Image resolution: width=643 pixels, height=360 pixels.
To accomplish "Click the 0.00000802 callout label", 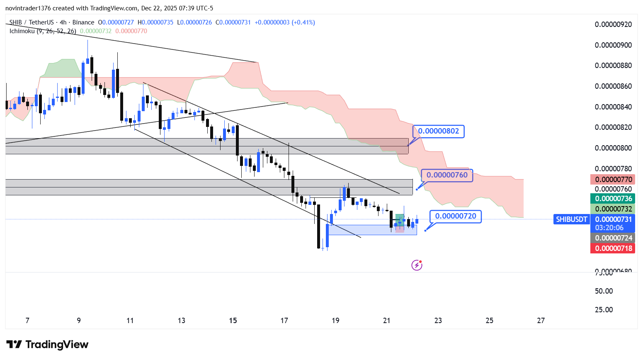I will click(x=439, y=131).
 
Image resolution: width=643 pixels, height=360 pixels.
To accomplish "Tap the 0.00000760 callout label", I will click(x=447, y=175).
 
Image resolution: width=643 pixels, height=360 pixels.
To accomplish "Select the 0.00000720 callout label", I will click(x=456, y=216).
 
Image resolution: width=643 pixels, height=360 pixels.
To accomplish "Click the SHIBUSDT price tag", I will click(x=571, y=219).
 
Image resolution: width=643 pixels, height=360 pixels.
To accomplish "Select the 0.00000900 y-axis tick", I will click(x=613, y=45).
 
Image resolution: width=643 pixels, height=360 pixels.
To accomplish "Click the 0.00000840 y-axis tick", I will click(x=613, y=107).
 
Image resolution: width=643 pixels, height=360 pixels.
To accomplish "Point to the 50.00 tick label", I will click(x=604, y=291).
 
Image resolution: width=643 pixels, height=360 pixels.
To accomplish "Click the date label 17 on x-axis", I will click(x=284, y=321).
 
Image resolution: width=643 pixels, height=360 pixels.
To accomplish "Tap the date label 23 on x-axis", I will click(x=438, y=321).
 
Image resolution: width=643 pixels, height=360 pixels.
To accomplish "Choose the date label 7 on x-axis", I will click(x=27, y=321).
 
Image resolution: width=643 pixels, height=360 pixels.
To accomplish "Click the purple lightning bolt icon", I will click(x=417, y=265).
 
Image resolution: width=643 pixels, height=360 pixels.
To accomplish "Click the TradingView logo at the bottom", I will click(x=47, y=345).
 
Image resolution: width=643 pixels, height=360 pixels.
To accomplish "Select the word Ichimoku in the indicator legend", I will click(x=22, y=31).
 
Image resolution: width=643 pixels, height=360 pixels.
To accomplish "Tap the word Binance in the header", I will click(x=83, y=22).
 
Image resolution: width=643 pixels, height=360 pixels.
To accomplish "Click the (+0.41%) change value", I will click(x=303, y=22).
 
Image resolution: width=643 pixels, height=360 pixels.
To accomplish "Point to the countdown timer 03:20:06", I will click(x=609, y=228).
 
